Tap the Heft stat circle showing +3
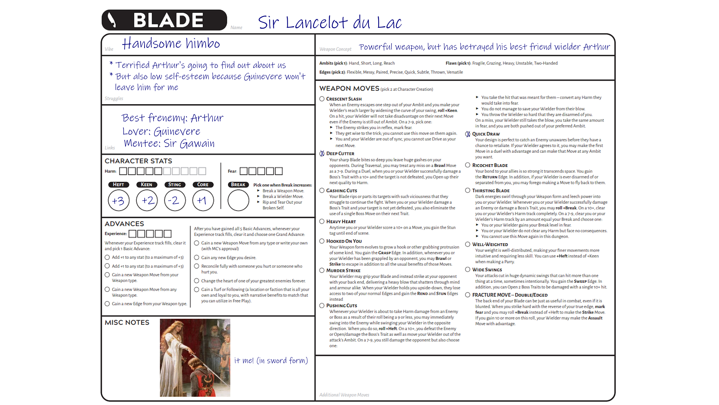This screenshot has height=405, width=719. click(x=118, y=201)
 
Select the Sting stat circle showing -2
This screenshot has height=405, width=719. click(x=175, y=201)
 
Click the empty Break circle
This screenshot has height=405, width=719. click(x=238, y=201)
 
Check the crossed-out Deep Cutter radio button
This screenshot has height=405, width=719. click(x=322, y=153)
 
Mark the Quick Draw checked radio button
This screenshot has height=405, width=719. click(x=468, y=134)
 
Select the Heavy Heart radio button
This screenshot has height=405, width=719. click(x=322, y=222)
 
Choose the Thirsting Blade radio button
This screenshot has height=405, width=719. click(x=468, y=190)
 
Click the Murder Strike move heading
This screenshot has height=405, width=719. click(x=343, y=270)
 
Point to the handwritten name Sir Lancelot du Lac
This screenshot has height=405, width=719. click(x=330, y=22)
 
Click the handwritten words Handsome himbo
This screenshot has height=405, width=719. click(x=171, y=43)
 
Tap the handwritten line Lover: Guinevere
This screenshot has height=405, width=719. click(x=161, y=131)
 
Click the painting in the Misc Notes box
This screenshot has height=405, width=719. click(x=195, y=358)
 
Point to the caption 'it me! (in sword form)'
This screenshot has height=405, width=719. click(x=271, y=360)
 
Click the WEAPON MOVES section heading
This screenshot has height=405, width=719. click(x=349, y=88)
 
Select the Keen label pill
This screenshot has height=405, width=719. click(x=146, y=184)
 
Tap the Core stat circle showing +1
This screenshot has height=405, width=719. click(x=203, y=201)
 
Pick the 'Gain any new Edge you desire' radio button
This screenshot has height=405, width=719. click(x=197, y=258)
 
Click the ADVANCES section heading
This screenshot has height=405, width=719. click(x=124, y=223)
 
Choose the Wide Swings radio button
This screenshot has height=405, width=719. click(x=468, y=270)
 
